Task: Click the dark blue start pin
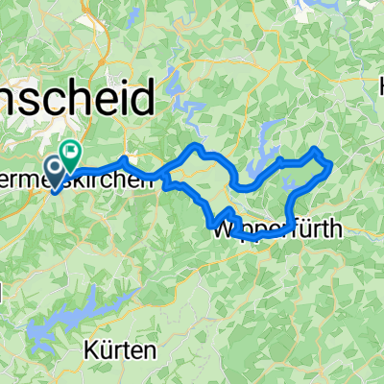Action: pyautogui.click(x=54, y=173)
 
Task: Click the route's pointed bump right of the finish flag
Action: pyautogui.click(x=125, y=157)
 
